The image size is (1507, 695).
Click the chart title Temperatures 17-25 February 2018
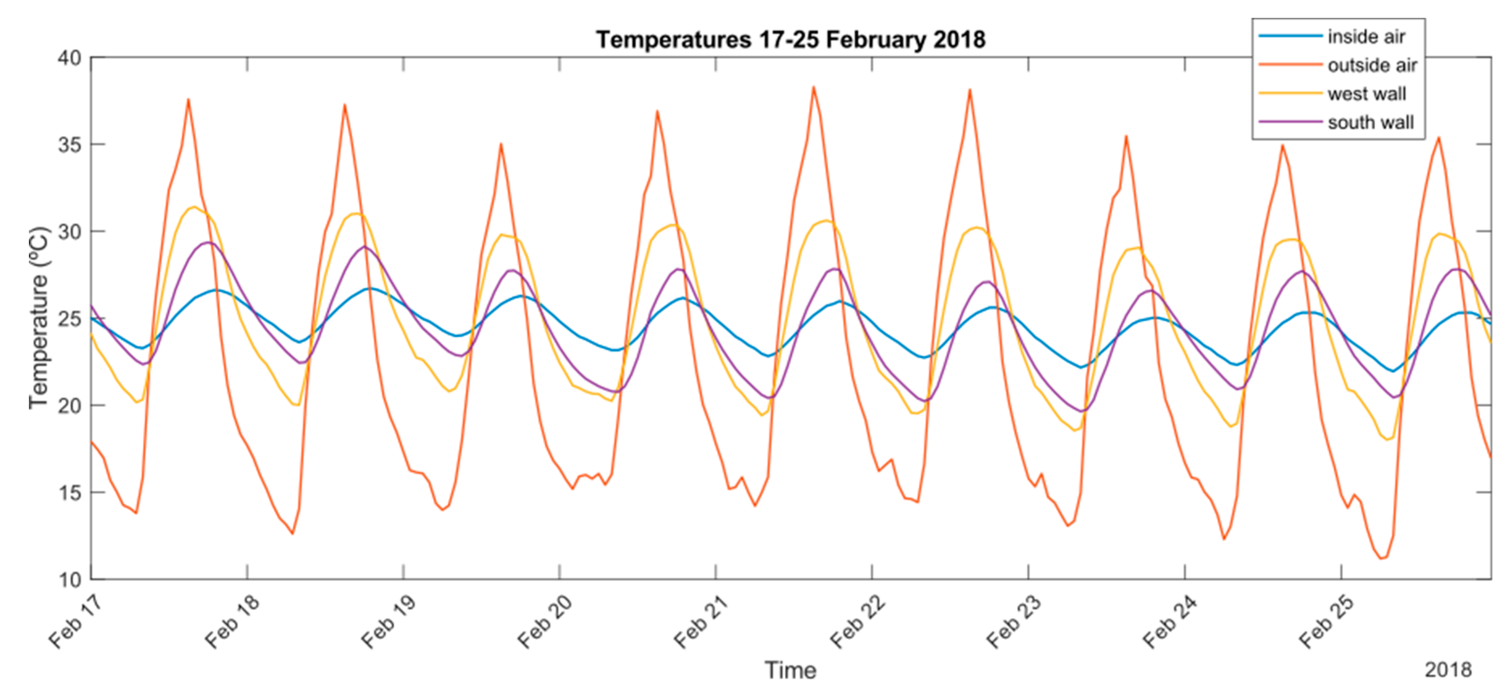pyautogui.click(x=790, y=40)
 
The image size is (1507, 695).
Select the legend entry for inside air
pyautogui.click(x=1365, y=37)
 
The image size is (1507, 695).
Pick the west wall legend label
pyautogui.click(x=1366, y=94)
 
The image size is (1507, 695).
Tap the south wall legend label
pyautogui.click(x=1370, y=123)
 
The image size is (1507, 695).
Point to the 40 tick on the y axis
pyautogui.click(x=69, y=58)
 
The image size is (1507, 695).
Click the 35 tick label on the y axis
pyautogui.click(x=69, y=144)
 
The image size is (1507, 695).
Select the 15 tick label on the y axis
pyautogui.click(x=69, y=493)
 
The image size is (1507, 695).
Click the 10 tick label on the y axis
pyautogui.click(x=69, y=579)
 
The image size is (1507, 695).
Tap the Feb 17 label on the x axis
pyautogui.click(x=75, y=622)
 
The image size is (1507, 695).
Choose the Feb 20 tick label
pyautogui.click(x=544, y=622)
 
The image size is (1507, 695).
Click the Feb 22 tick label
pyautogui.click(x=857, y=622)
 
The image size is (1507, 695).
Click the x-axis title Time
pyautogui.click(x=790, y=670)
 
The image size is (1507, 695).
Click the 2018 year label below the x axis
pyautogui.click(x=1448, y=669)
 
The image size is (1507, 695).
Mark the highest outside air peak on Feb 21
pyautogui.click(x=813, y=87)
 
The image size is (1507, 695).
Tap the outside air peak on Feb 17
pyautogui.click(x=188, y=99)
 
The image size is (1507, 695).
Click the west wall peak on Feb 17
pyautogui.click(x=193, y=207)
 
